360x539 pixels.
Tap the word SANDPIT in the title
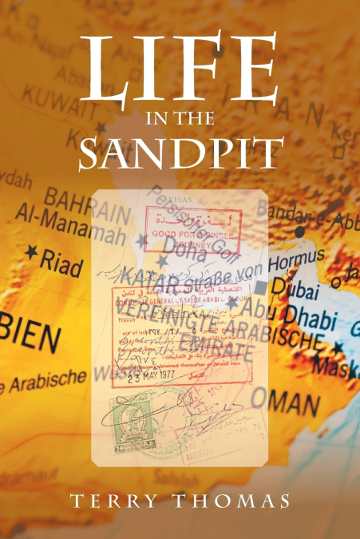(x=180, y=152)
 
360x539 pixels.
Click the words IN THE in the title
(x=180, y=120)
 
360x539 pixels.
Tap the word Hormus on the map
(x=299, y=258)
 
